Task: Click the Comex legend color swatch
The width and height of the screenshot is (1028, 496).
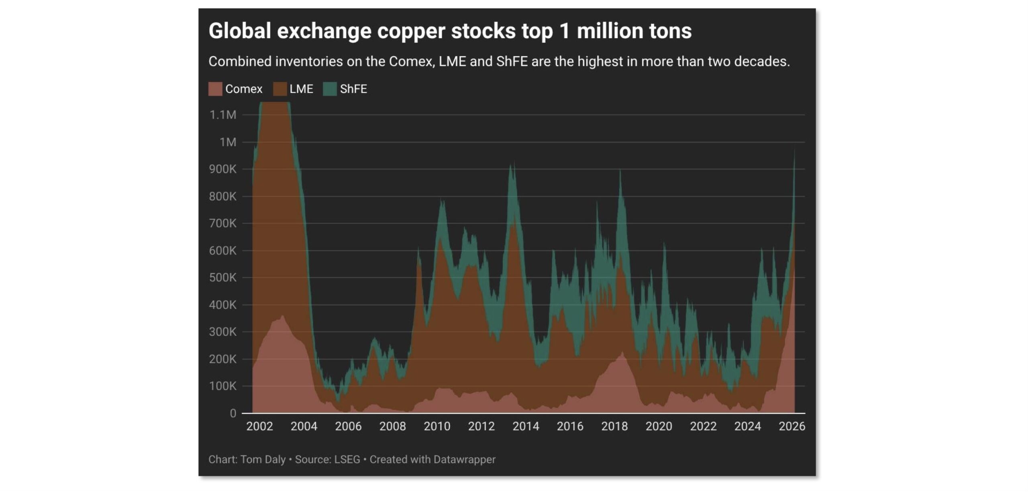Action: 215,89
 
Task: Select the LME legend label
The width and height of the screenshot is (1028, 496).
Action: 301,89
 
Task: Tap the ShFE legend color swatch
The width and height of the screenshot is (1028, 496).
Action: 330,89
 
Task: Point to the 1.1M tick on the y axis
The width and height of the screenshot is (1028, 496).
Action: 223,115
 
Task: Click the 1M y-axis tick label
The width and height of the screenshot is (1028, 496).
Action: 228,142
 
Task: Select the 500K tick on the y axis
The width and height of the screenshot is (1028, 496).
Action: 223,278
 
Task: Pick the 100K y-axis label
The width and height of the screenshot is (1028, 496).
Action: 223,386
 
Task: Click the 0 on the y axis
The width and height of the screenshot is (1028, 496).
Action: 233,413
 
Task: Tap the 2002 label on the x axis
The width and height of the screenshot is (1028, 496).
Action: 259,426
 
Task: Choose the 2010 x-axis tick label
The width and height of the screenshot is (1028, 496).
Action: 437,426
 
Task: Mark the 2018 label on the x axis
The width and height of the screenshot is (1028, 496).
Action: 614,426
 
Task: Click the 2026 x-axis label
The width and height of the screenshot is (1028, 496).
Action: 792,426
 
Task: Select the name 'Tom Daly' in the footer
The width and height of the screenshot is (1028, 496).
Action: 263,459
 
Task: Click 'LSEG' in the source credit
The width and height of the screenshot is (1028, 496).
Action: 347,459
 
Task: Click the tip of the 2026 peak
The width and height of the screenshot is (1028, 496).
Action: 794,149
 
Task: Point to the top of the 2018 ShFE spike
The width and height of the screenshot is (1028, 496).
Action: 620,170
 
